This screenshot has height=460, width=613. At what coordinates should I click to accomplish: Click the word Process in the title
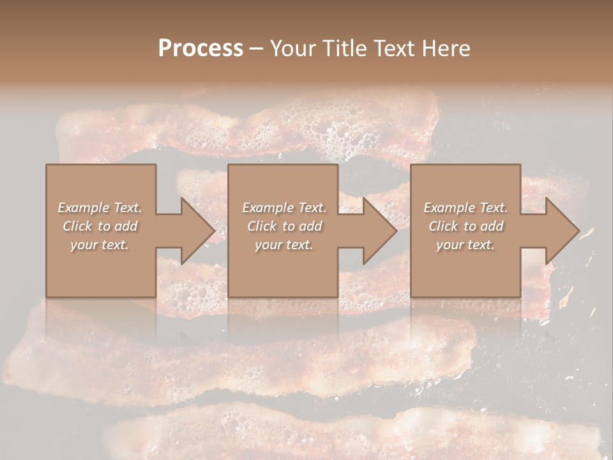click(201, 49)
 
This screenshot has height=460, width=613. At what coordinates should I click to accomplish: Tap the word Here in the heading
click(447, 49)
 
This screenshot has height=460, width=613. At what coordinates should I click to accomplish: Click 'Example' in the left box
click(84, 208)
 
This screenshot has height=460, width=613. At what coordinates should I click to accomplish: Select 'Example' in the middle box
click(268, 208)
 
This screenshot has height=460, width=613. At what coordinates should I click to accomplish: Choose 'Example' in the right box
click(449, 208)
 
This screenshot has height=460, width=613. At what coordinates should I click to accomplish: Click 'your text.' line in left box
click(100, 245)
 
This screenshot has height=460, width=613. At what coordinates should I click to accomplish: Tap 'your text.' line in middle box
click(284, 245)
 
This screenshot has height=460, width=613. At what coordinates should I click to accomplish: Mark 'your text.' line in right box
click(465, 245)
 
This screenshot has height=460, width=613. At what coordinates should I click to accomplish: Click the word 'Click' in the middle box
click(262, 226)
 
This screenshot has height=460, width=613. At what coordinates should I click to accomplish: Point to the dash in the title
click(257, 49)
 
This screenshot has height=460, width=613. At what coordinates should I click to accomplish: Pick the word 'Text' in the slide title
click(396, 49)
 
